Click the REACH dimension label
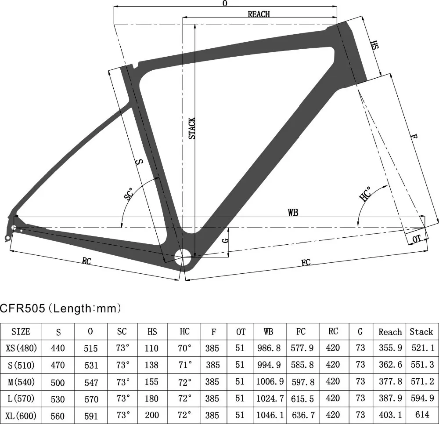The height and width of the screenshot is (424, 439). click(x=259, y=14)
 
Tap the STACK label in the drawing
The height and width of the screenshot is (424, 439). click(x=192, y=128)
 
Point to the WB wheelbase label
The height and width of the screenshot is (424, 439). click(x=293, y=212)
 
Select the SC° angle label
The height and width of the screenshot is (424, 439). click(x=129, y=194)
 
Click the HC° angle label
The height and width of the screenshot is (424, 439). click(x=366, y=194)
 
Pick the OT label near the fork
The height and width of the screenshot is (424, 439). click(x=417, y=239)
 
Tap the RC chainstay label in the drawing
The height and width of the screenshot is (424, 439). click(x=86, y=261)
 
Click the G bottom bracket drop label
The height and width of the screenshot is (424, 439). click(x=225, y=240)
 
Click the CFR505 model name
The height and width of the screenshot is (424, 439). click(x=22, y=308)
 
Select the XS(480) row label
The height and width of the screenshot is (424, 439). click(x=21, y=348)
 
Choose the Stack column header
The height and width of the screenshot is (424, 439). click(x=421, y=332)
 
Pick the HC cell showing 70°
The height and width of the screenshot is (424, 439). click(x=185, y=348)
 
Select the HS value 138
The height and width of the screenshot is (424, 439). click(x=151, y=365)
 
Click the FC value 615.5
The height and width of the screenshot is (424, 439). click(x=302, y=399)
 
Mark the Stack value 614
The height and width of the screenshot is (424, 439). click(x=421, y=415)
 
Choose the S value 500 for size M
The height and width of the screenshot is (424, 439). click(x=58, y=382)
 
